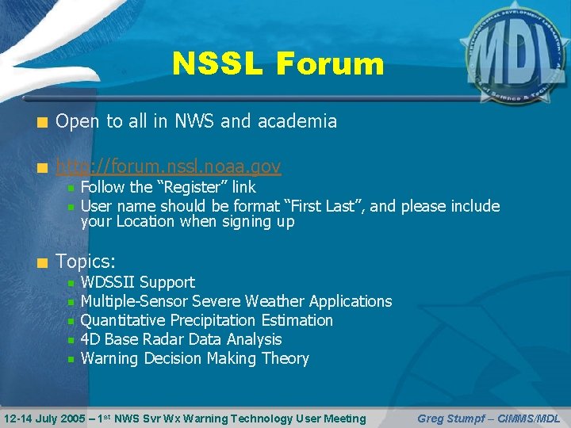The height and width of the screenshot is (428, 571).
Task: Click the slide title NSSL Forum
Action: tap(278, 64)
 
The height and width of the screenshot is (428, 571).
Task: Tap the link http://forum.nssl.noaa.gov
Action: tap(168, 166)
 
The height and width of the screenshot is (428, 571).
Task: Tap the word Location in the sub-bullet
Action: tap(150, 222)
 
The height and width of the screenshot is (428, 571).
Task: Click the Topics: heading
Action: tap(86, 262)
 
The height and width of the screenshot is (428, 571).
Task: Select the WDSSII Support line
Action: tap(138, 282)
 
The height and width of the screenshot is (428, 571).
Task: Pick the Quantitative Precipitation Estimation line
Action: tap(207, 320)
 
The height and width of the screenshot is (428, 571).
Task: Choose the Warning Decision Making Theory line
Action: tap(195, 358)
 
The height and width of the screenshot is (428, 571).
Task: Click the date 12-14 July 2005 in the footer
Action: tap(48, 418)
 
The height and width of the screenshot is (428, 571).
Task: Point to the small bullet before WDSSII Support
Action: tap(71, 283)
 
